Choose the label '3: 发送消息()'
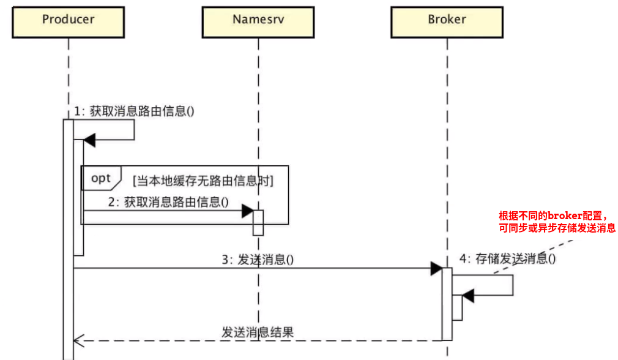258,259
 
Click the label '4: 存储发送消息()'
507,258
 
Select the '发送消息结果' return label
258,332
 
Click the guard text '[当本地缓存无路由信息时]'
203,181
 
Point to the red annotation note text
557,222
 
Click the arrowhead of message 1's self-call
89,140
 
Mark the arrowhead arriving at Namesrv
247,211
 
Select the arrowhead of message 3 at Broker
436,268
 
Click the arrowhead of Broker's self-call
468,296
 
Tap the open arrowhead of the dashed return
78,340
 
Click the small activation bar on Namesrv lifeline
258,223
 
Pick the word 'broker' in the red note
564,216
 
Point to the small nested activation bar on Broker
456,307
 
